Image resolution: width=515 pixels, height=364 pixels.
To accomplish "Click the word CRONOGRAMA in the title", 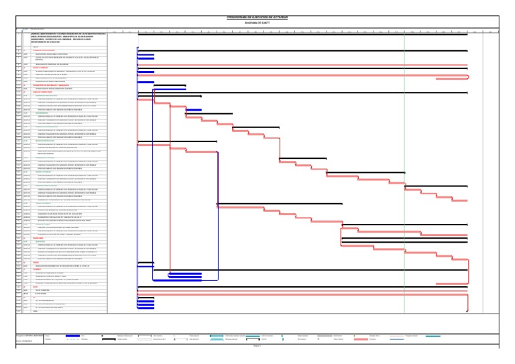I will coord(239,17).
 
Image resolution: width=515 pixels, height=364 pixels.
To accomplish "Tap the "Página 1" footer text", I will coord(257,347).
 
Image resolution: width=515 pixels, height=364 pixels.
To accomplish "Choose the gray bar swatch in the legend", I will coord(325,335).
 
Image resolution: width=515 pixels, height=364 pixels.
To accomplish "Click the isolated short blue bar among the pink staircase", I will coord(193,110).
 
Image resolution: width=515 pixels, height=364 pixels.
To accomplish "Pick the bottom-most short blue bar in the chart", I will coord(146,310).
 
